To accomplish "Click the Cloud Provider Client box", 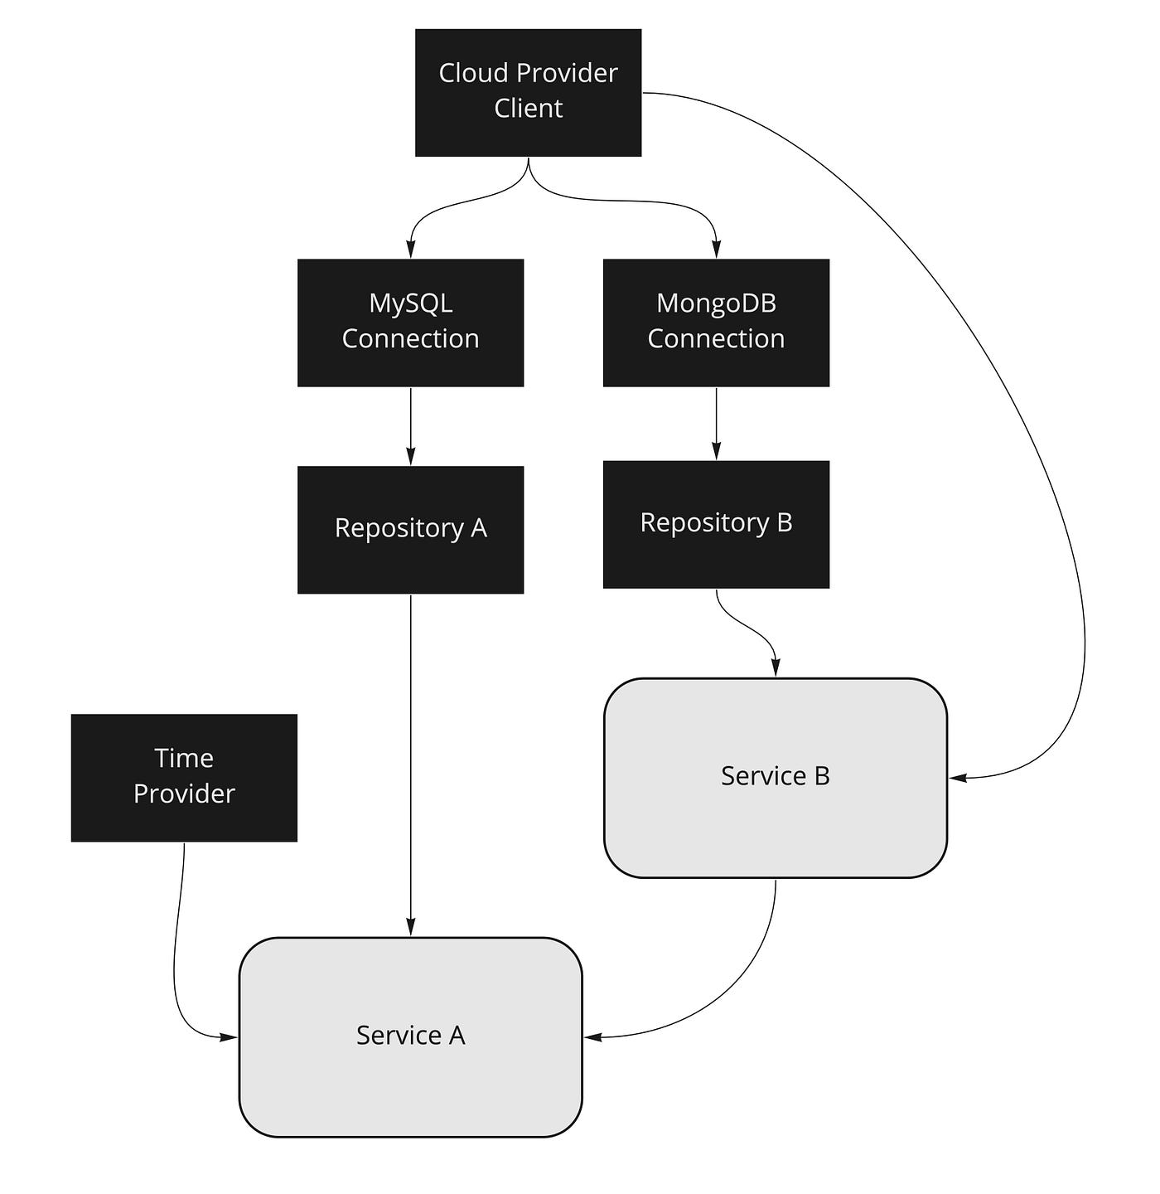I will point(528,92).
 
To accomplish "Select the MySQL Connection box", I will point(410,322).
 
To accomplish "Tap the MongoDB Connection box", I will point(716,322).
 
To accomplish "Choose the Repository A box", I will point(410,529).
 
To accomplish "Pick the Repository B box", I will point(716,524).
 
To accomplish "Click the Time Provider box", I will point(184,777).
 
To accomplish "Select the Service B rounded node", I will point(775,777).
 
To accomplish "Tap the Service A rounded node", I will point(410,1036).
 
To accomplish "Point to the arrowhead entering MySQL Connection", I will point(410,249).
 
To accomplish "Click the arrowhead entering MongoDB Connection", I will point(716,249).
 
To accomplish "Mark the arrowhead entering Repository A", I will point(410,456).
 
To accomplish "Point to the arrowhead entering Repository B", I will point(716,450).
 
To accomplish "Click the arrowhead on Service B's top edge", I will point(776,667).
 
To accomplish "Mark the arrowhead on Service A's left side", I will point(228,1036).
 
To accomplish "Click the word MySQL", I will point(410,303).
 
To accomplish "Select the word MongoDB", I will point(716,303).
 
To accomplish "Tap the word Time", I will point(184,759).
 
